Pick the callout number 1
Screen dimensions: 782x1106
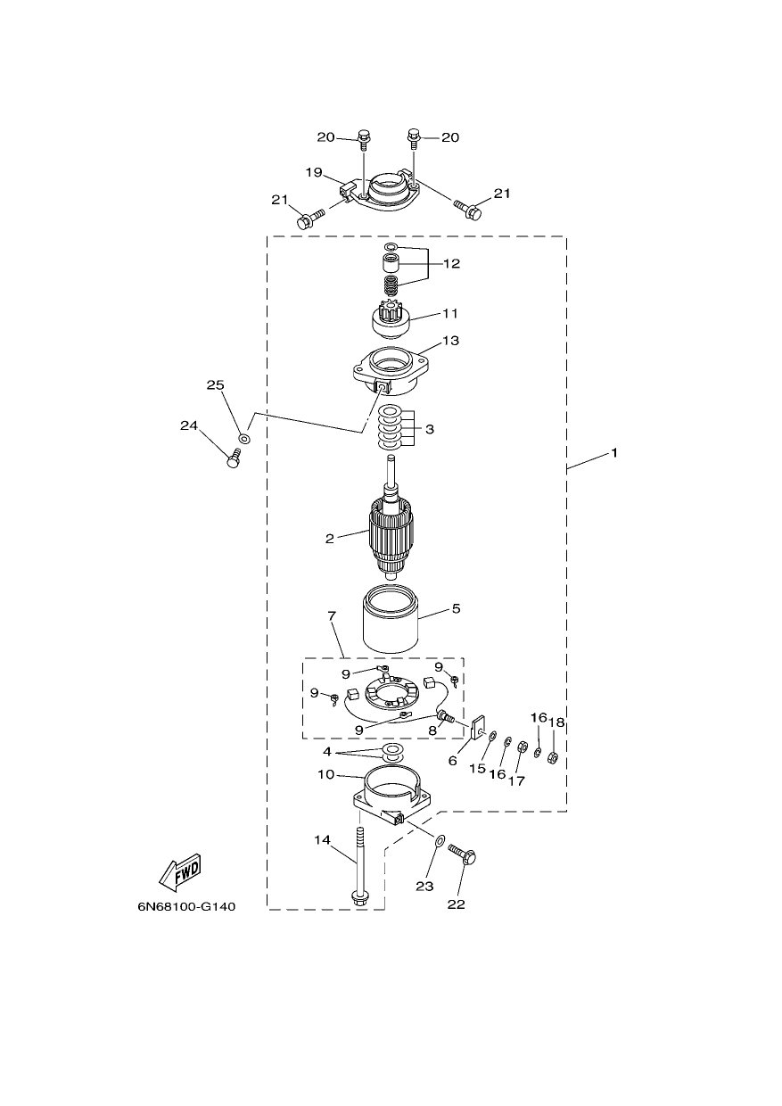[614, 452]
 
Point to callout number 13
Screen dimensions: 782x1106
[450, 340]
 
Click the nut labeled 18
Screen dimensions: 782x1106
[553, 756]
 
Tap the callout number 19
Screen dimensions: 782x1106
[314, 172]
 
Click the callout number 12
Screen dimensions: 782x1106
[451, 263]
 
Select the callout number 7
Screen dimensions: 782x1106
[332, 616]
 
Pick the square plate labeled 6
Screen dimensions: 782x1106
[477, 729]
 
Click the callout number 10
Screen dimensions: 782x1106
[325, 774]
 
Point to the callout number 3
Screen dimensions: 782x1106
[430, 429]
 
